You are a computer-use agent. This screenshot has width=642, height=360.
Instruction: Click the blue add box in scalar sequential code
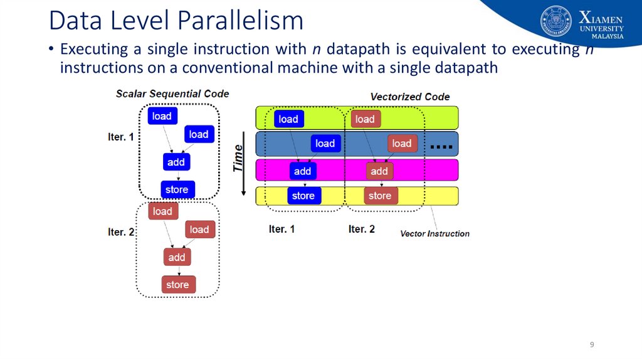point(176,162)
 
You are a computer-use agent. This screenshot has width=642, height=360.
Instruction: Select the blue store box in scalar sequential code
point(177,189)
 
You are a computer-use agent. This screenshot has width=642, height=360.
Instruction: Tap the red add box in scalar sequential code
point(177,257)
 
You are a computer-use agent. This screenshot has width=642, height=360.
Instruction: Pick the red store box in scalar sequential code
point(178,285)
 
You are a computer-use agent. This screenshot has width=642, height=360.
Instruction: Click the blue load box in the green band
point(288,119)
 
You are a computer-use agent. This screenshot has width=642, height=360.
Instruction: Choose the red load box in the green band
point(366,119)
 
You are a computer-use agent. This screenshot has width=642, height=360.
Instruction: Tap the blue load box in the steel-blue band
point(325,144)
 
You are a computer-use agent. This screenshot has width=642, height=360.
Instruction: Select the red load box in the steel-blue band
point(402,144)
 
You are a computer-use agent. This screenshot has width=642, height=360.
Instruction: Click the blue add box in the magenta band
point(303,171)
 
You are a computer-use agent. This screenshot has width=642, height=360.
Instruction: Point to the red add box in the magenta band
point(379,171)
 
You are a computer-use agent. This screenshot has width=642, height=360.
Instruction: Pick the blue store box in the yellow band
point(304,196)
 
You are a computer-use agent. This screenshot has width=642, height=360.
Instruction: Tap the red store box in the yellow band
point(381,196)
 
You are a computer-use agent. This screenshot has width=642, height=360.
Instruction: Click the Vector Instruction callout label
point(435,234)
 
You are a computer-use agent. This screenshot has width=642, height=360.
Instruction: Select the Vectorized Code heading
point(410,97)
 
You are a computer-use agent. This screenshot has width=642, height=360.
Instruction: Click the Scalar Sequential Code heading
point(172,94)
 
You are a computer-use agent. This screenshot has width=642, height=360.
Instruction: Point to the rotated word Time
point(238,159)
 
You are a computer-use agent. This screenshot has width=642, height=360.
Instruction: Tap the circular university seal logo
point(556,21)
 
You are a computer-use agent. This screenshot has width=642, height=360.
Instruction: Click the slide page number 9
point(592,344)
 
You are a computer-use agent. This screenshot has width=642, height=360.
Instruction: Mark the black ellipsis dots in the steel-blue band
point(441,147)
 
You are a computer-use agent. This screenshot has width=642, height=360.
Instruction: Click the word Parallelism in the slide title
point(241,21)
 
